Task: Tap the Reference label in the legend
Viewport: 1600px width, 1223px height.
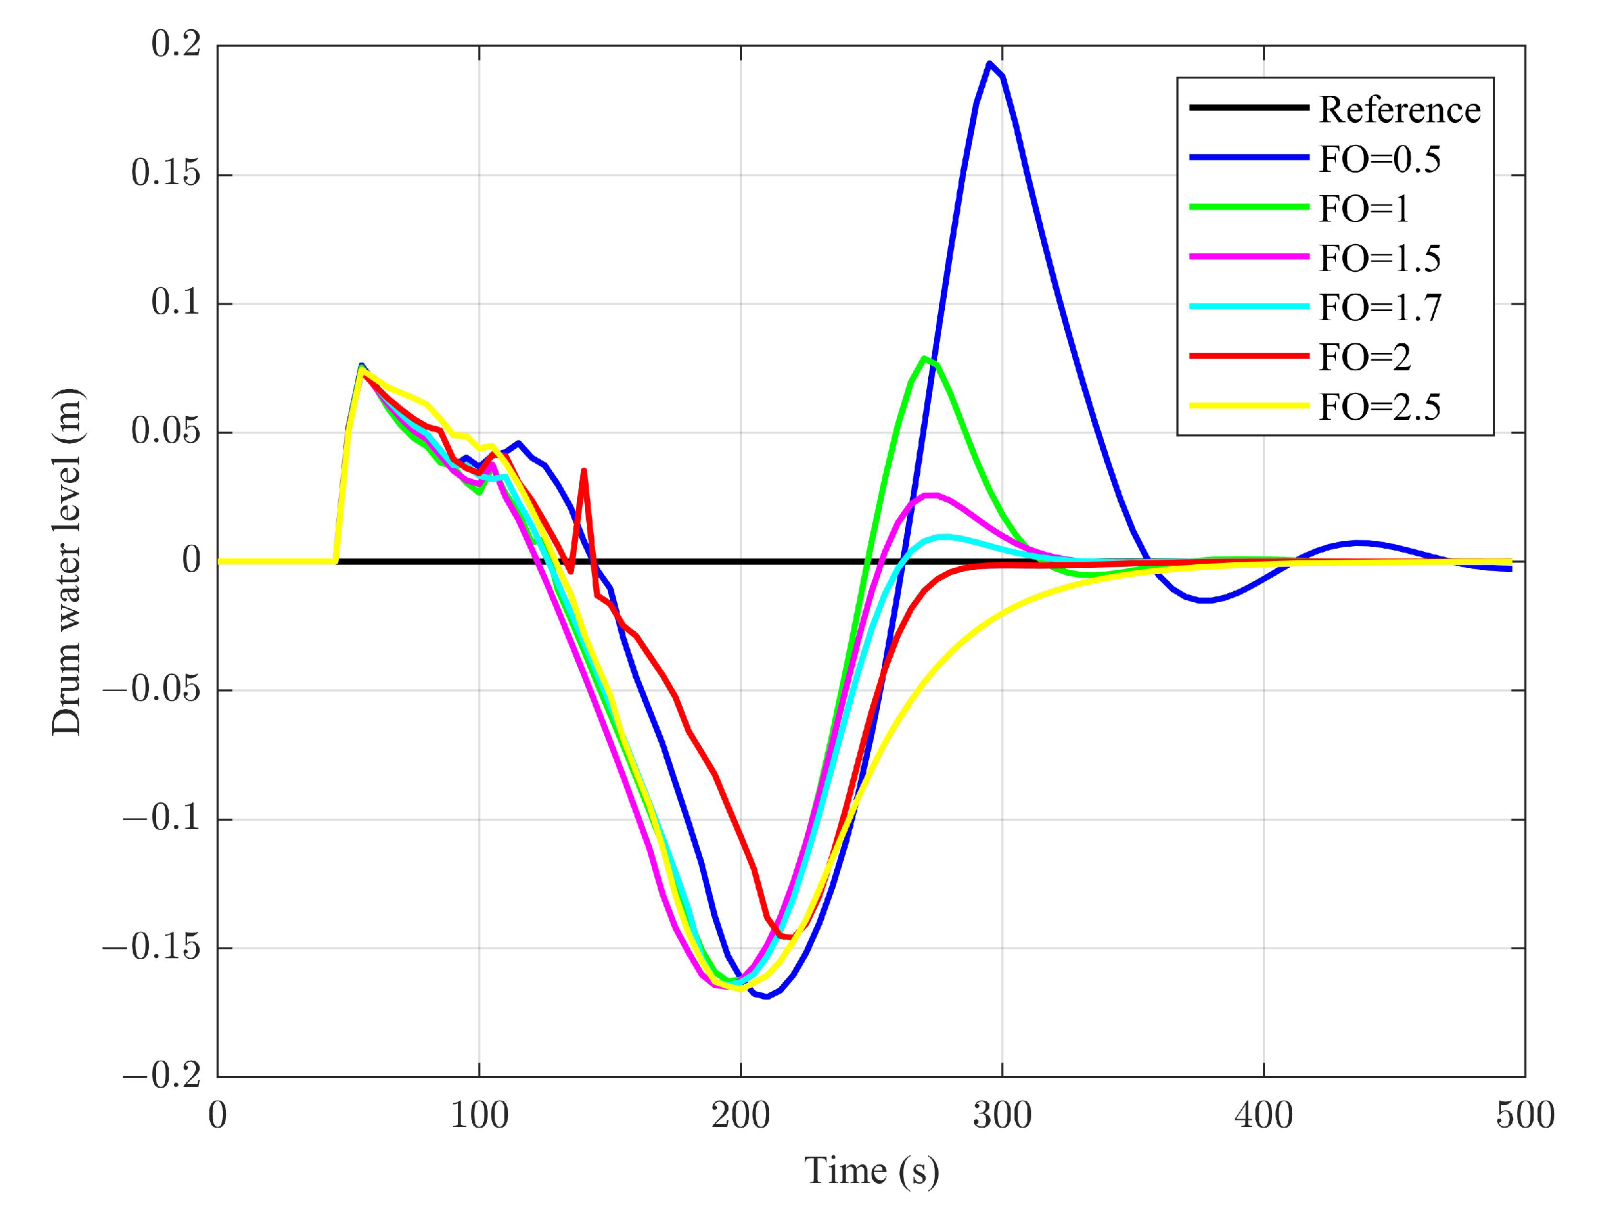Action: pyautogui.click(x=1398, y=110)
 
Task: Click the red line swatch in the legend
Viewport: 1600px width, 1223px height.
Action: pyautogui.click(x=1248, y=356)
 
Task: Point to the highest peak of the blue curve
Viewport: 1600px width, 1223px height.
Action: pyautogui.click(x=989, y=63)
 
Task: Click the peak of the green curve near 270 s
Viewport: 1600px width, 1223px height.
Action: pyautogui.click(x=924, y=357)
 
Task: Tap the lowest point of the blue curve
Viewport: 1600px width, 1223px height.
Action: pyautogui.click(x=767, y=996)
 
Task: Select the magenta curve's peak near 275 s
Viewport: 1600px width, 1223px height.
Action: pyautogui.click(x=930, y=495)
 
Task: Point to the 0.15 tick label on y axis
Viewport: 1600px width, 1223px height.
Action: pyautogui.click(x=166, y=173)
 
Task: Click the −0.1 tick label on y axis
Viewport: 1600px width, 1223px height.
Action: pyautogui.click(x=161, y=819)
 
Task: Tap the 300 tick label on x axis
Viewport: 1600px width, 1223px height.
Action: pyautogui.click(x=1002, y=1116)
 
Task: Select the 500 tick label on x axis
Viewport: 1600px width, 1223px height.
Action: pyautogui.click(x=1524, y=1116)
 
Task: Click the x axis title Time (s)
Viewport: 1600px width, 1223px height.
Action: pyautogui.click(x=871, y=1171)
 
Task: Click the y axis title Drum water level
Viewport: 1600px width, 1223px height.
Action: pyautogui.click(x=67, y=562)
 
